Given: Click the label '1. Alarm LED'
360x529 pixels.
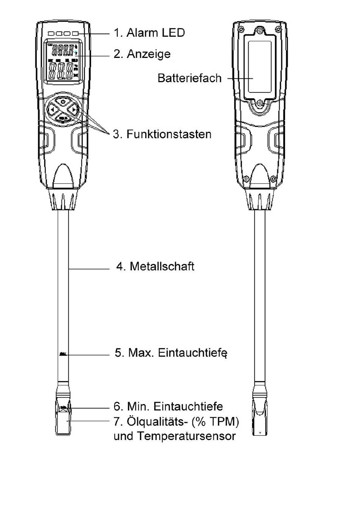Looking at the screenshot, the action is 149,33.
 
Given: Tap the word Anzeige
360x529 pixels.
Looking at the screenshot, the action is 149,54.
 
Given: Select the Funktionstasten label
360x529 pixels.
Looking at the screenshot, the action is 169,134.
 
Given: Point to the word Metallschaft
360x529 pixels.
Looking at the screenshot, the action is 162,266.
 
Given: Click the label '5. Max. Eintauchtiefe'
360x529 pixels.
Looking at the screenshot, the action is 171,353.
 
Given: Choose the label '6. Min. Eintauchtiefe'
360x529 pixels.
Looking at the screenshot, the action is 168,406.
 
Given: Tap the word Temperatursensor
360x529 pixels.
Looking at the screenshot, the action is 186,436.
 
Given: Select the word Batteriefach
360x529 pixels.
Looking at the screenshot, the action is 189,78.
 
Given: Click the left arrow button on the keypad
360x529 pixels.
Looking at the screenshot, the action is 52,109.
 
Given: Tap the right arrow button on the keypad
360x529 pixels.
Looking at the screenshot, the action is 74,109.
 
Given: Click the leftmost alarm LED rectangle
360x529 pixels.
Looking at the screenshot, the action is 51,34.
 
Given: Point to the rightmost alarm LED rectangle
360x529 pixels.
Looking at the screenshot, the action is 75,34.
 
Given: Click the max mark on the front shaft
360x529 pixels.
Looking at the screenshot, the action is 63,354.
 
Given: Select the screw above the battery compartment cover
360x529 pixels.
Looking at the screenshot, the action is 260,31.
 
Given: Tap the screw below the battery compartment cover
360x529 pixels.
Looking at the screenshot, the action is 260,103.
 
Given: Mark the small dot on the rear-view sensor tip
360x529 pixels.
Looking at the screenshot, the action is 260,432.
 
